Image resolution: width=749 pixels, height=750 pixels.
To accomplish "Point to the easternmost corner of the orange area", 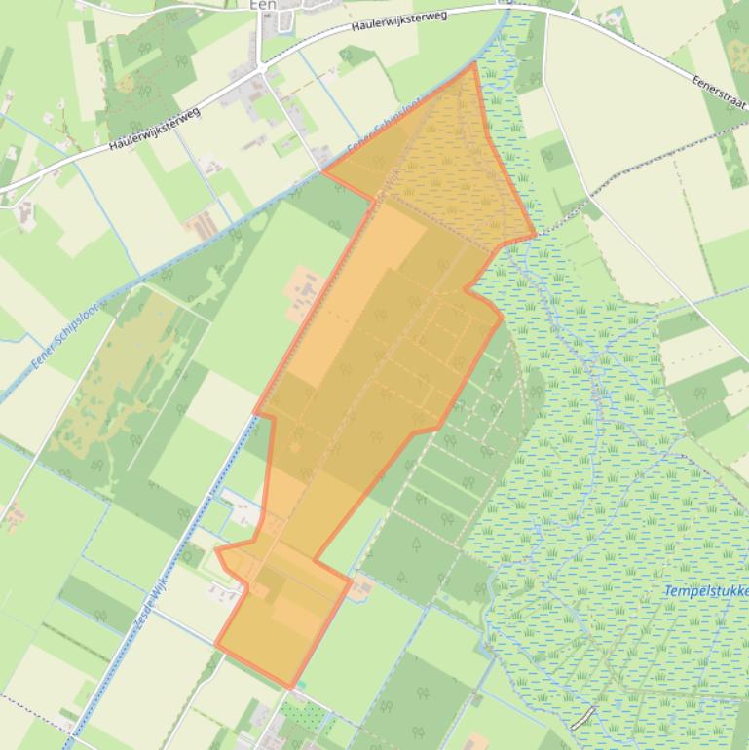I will pyautogui.click(x=536, y=235).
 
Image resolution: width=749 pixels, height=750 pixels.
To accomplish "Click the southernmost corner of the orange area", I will pyautogui.click(x=290, y=688).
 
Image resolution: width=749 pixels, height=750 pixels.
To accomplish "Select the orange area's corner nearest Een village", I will pyautogui.click(x=323, y=171).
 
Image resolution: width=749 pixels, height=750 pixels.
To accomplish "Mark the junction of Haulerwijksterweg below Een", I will pyautogui.click(x=260, y=69).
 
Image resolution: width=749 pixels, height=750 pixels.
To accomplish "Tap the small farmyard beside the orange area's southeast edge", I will pyautogui.click(x=361, y=585).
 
